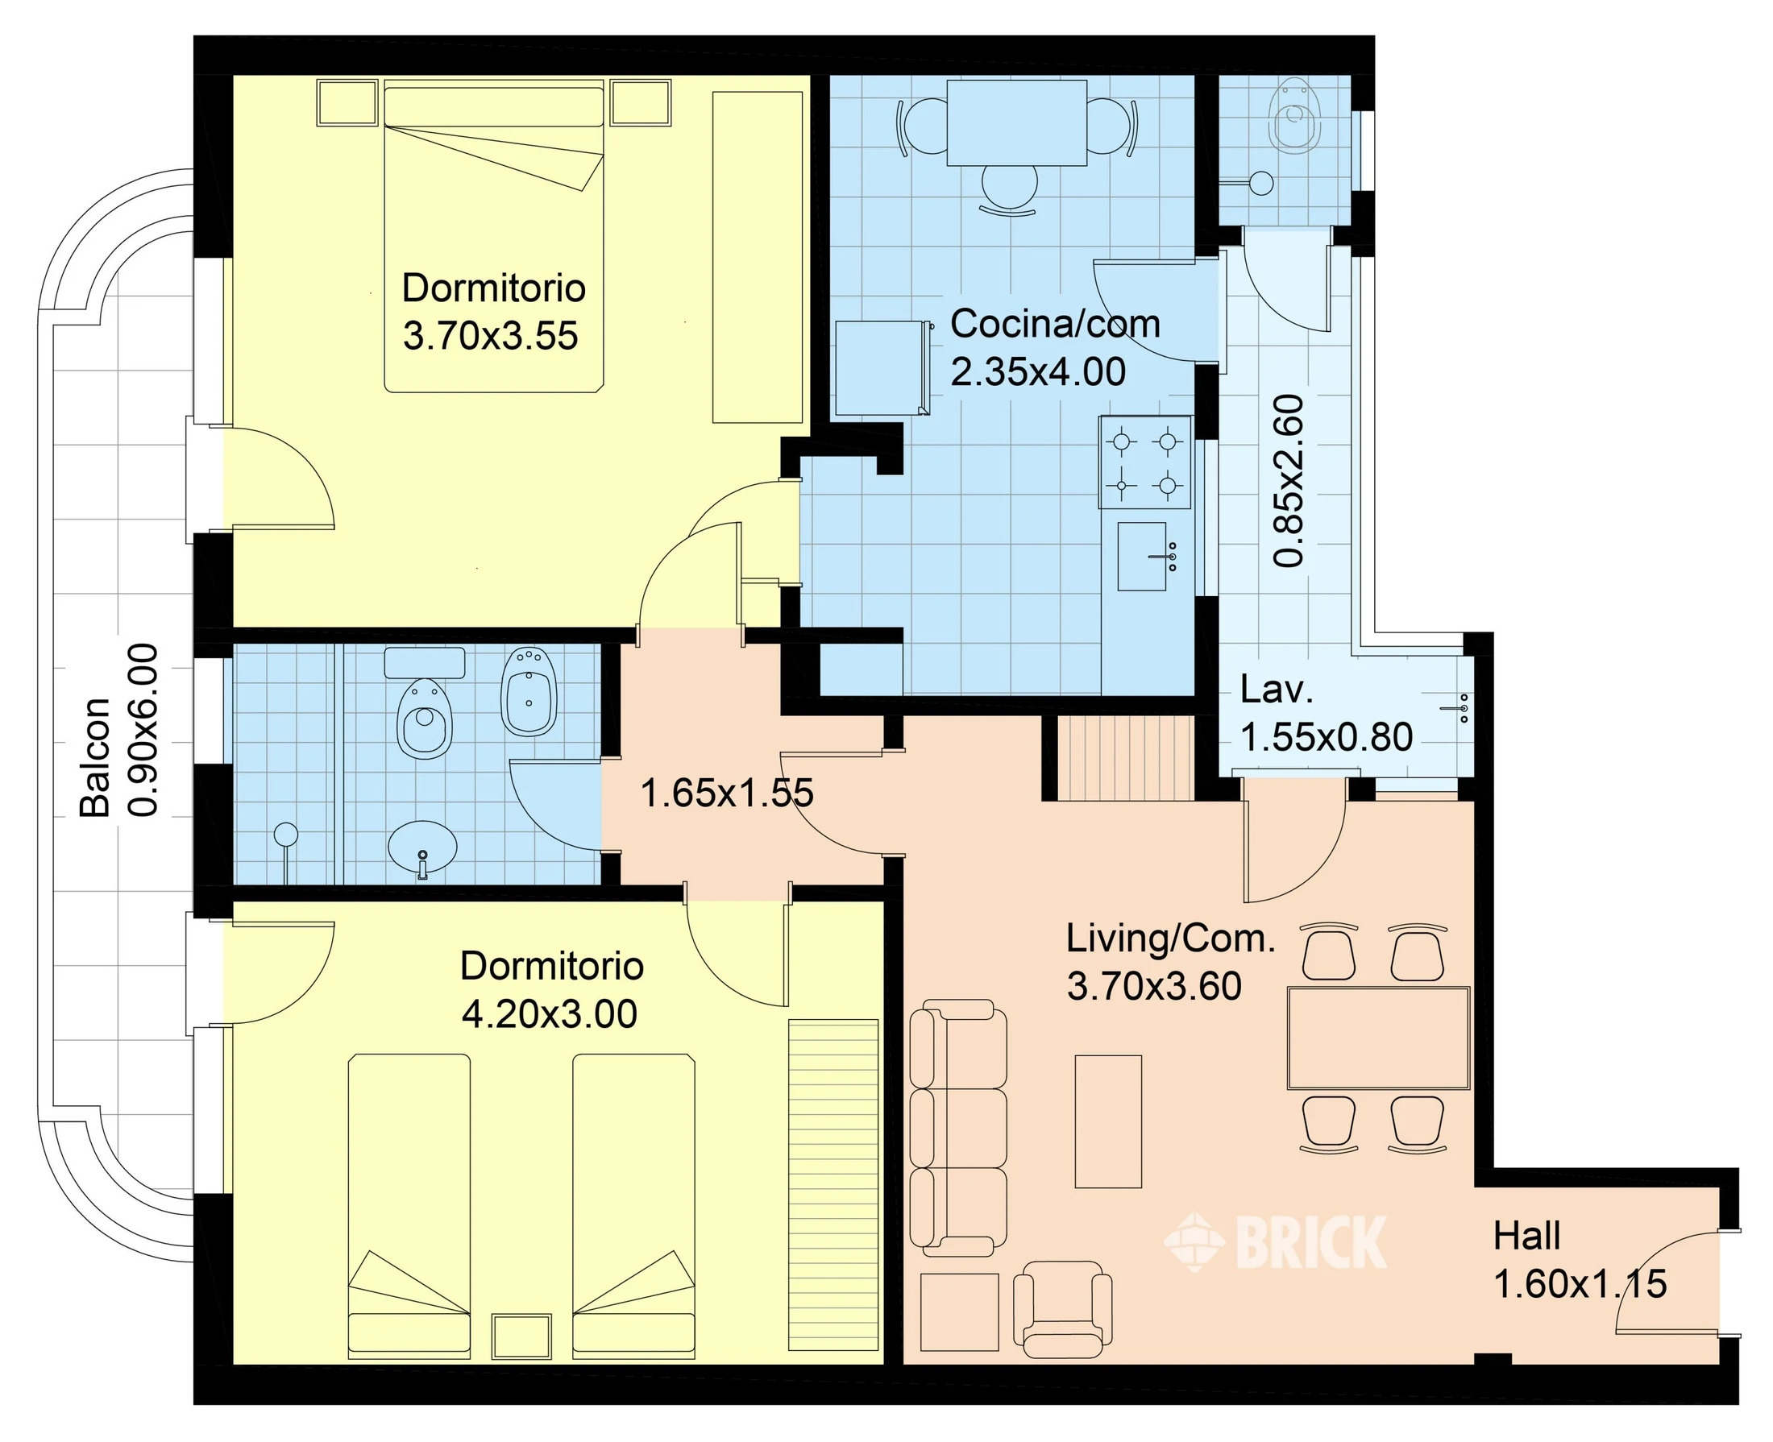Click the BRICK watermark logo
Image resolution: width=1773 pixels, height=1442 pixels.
[1275, 1242]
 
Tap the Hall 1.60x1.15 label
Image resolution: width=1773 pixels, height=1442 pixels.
[1580, 1259]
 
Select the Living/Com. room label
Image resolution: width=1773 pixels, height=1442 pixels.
[1171, 962]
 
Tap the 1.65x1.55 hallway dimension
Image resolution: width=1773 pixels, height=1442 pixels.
[727, 794]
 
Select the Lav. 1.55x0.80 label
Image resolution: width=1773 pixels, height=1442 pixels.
[1326, 713]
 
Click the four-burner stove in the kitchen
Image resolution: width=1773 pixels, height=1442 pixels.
[1145, 462]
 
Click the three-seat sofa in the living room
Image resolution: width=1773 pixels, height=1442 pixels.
[958, 1127]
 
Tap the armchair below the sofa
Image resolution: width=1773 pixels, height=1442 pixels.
[1063, 1309]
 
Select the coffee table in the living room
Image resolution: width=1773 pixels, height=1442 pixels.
[1108, 1121]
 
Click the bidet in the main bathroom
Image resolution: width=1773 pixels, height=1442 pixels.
[529, 691]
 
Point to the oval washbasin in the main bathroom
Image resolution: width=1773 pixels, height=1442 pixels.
[422, 848]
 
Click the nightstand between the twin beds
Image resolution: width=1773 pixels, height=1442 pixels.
[521, 1336]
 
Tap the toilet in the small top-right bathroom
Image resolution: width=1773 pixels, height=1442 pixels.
[1295, 117]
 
